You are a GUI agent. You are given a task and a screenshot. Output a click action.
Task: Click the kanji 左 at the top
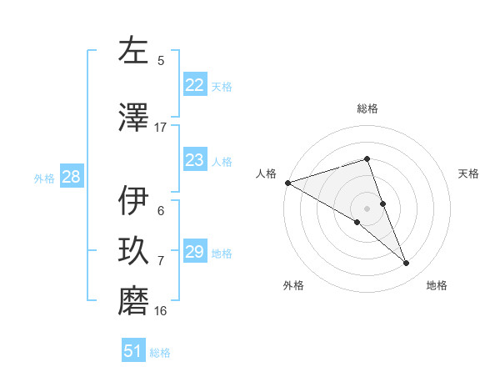click(x=133, y=51)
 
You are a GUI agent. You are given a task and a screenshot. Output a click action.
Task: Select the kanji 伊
click(x=133, y=201)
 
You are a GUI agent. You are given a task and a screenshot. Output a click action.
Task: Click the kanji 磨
click(x=133, y=301)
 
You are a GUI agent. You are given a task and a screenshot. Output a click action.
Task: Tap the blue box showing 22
click(x=194, y=85)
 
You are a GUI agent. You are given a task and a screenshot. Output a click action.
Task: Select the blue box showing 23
click(x=194, y=160)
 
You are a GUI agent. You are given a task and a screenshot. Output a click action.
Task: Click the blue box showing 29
click(x=194, y=252)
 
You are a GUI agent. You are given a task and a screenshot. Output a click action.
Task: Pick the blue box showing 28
click(x=70, y=177)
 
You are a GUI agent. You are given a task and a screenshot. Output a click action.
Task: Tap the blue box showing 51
click(x=133, y=351)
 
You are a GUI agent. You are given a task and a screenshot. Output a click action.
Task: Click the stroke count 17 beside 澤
click(x=161, y=128)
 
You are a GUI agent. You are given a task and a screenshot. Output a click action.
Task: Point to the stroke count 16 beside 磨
click(x=161, y=311)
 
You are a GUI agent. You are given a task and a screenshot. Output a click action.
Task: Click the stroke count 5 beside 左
click(x=161, y=60)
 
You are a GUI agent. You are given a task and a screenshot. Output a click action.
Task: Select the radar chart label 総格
click(x=367, y=108)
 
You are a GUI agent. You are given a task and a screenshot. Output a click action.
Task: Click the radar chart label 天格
click(x=469, y=173)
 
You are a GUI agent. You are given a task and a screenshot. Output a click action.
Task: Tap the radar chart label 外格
click(x=293, y=285)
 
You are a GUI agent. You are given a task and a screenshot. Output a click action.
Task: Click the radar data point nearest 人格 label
click(x=287, y=182)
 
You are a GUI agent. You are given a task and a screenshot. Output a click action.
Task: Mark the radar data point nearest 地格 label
click(x=407, y=264)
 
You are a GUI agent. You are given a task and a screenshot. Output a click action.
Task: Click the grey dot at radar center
click(x=367, y=208)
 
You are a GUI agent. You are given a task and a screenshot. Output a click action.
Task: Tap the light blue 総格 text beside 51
click(x=160, y=353)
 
